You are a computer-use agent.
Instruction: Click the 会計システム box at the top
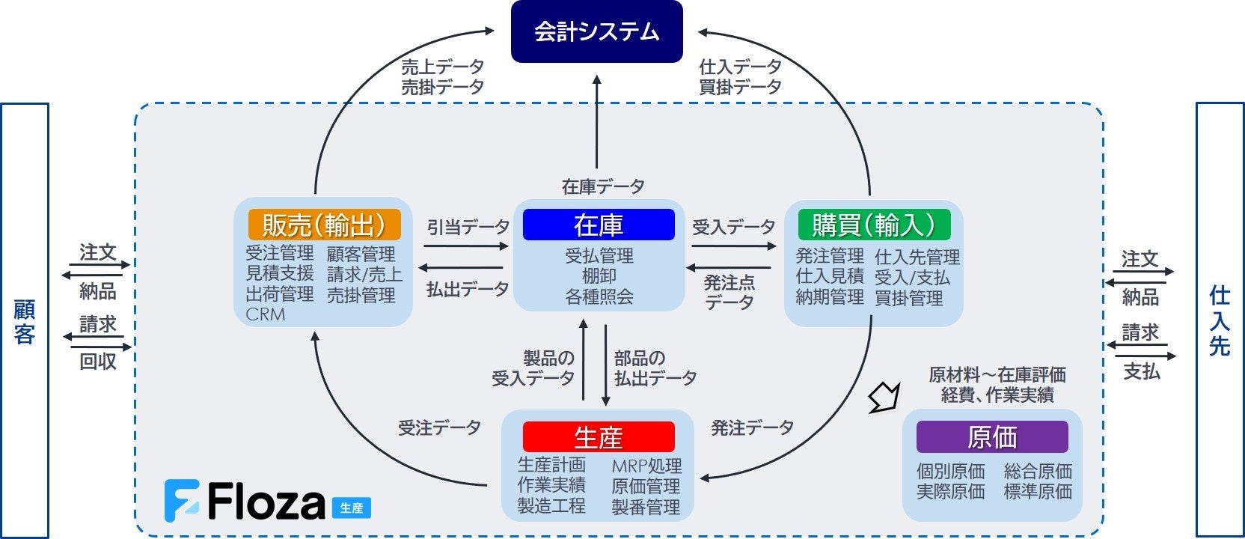(596, 31)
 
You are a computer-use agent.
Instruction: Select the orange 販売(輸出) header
(324, 225)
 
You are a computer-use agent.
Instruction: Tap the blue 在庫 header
(599, 225)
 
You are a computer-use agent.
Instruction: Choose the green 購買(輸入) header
(874, 225)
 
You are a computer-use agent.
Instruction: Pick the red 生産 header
(599, 437)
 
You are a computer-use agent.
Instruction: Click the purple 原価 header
(992, 437)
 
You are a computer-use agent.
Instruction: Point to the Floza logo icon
(182, 501)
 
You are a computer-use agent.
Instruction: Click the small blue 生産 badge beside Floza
(352, 508)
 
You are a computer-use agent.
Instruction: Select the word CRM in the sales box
(266, 315)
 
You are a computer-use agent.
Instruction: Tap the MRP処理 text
(646, 466)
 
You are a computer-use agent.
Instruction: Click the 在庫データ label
(603, 186)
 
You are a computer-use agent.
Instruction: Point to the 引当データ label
(468, 227)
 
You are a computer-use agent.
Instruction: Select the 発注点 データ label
(729, 293)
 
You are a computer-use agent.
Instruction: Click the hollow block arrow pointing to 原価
(884, 398)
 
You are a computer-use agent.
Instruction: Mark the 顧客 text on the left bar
(24, 322)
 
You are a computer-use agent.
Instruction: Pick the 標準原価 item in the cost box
(1038, 492)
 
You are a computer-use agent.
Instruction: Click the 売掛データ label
(442, 87)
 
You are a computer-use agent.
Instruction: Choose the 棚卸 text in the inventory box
(599, 276)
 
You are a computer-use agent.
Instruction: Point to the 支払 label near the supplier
(1141, 371)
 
